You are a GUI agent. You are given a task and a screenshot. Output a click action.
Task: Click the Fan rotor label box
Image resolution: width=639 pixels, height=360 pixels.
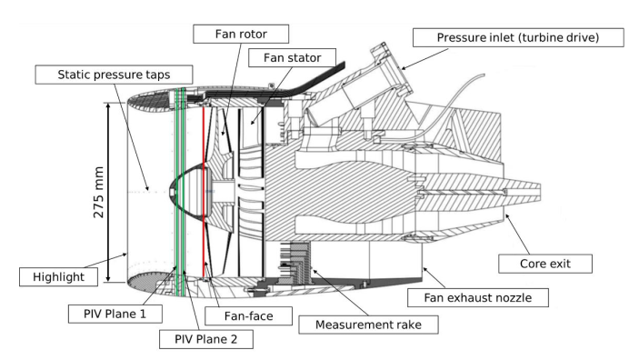coord(241,34)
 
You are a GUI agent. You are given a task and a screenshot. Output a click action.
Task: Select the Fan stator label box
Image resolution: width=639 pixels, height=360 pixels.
coord(292,58)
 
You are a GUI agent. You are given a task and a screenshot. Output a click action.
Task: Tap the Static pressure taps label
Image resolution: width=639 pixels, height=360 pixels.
coord(114,75)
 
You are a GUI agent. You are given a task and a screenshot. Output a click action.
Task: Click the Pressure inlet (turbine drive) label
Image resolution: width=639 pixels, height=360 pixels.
coord(518,37)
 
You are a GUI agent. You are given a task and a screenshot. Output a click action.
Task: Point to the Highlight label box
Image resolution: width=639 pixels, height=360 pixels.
coord(58,277)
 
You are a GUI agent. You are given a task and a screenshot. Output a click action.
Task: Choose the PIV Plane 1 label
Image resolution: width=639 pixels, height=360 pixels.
coord(115,314)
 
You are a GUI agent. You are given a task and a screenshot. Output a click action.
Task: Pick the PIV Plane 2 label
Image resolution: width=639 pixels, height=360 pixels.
coord(205,339)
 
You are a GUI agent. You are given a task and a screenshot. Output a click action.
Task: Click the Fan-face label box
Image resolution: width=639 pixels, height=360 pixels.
coord(248,316)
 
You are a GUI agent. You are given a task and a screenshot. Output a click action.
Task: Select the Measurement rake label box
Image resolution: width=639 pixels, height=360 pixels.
coord(368,325)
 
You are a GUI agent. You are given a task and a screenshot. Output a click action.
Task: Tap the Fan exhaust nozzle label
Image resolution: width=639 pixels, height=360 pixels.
coord(477,297)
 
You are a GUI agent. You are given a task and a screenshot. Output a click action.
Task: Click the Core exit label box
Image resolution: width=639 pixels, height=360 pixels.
coord(545,264)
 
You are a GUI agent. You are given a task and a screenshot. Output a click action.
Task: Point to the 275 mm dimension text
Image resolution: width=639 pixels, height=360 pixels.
coord(98,192)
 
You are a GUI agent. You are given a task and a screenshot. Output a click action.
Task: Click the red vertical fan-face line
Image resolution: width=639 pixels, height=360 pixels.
coord(204,192)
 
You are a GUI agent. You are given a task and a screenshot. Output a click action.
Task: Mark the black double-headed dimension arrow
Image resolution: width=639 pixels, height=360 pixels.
coord(108,192)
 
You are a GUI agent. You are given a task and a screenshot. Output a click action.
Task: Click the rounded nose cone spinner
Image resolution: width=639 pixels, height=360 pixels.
coord(187,190)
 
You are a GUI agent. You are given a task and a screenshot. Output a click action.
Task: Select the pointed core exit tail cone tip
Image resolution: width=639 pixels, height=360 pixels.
coord(539,192)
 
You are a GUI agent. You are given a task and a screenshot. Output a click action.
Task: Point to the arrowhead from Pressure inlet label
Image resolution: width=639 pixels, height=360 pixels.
coord(404,68)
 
